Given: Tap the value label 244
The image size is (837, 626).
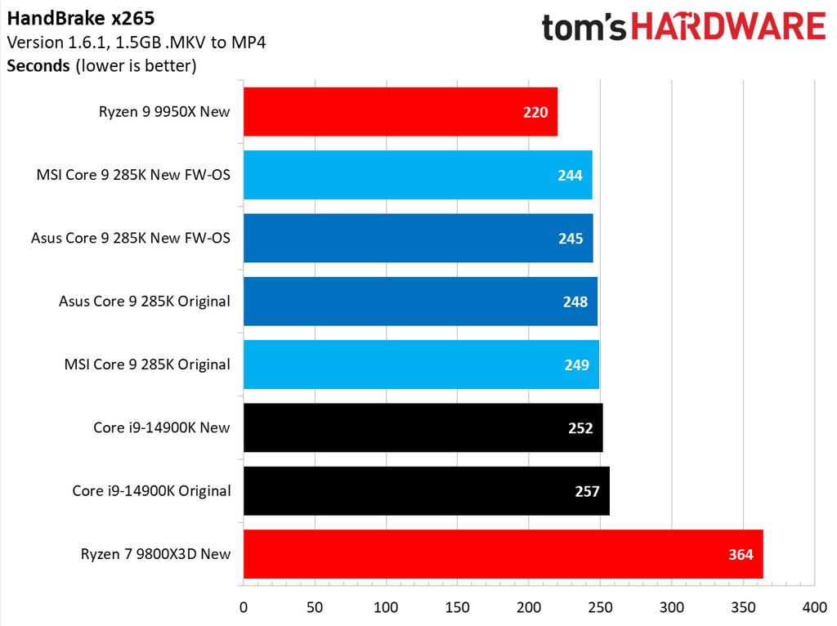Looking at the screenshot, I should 571,175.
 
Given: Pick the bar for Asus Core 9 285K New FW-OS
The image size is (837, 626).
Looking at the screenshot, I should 418,238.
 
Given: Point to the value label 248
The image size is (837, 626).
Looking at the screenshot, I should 575,302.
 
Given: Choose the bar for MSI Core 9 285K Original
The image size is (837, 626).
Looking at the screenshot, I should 421,364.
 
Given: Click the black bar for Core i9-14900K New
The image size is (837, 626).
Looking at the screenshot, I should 423,427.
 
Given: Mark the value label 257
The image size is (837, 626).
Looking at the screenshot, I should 587,491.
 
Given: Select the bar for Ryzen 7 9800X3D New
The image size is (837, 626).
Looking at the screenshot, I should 503,554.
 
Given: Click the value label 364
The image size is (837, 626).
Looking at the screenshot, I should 741,554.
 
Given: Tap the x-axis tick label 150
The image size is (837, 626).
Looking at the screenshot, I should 457,608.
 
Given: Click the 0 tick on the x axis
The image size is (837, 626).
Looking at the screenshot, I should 243,608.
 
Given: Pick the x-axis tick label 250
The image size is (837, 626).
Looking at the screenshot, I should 600,608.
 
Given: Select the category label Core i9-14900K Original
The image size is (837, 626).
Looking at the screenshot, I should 151,491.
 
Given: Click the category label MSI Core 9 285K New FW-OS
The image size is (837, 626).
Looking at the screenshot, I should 133,175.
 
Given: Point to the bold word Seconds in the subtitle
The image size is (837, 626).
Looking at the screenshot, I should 38,65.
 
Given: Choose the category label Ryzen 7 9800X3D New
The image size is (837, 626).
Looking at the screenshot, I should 155,554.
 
